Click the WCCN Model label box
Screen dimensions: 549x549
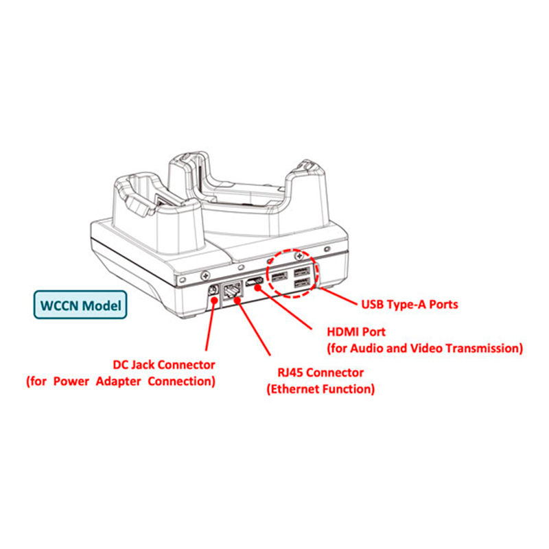pyautogui.click(x=80, y=305)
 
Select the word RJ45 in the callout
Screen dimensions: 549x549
pyautogui.click(x=290, y=372)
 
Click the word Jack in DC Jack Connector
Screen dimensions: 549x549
pyautogui.click(x=142, y=364)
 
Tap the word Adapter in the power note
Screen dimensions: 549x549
pyautogui.click(x=118, y=381)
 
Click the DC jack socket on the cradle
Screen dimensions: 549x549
pyautogui.click(x=213, y=290)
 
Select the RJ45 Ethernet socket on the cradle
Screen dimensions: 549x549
pyautogui.click(x=233, y=289)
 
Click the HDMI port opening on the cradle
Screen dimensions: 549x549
pyautogui.click(x=255, y=281)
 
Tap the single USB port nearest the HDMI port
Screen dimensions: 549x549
pyautogui.click(x=279, y=277)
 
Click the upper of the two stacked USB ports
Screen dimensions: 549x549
pyautogui.click(x=302, y=271)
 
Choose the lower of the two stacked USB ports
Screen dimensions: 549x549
pyautogui.click(x=302, y=282)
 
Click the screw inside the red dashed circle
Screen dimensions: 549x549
pyautogui.click(x=299, y=257)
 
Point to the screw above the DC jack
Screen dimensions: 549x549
pyautogui.click(x=205, y=277)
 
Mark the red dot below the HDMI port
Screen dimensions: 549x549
pyautogui.click(x=258, y=288)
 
